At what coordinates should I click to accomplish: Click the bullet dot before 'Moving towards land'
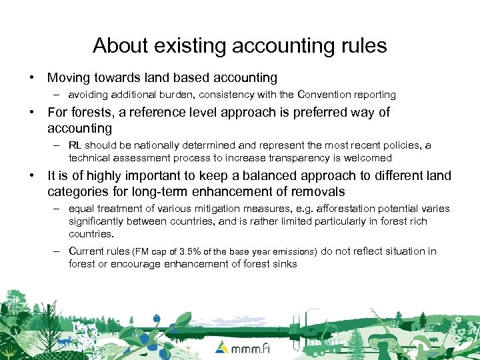[32, 78]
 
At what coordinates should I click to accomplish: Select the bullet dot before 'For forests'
[32, 113]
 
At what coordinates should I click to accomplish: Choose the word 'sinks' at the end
[283, 264]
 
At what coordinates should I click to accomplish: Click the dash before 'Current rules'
[58, 251]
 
